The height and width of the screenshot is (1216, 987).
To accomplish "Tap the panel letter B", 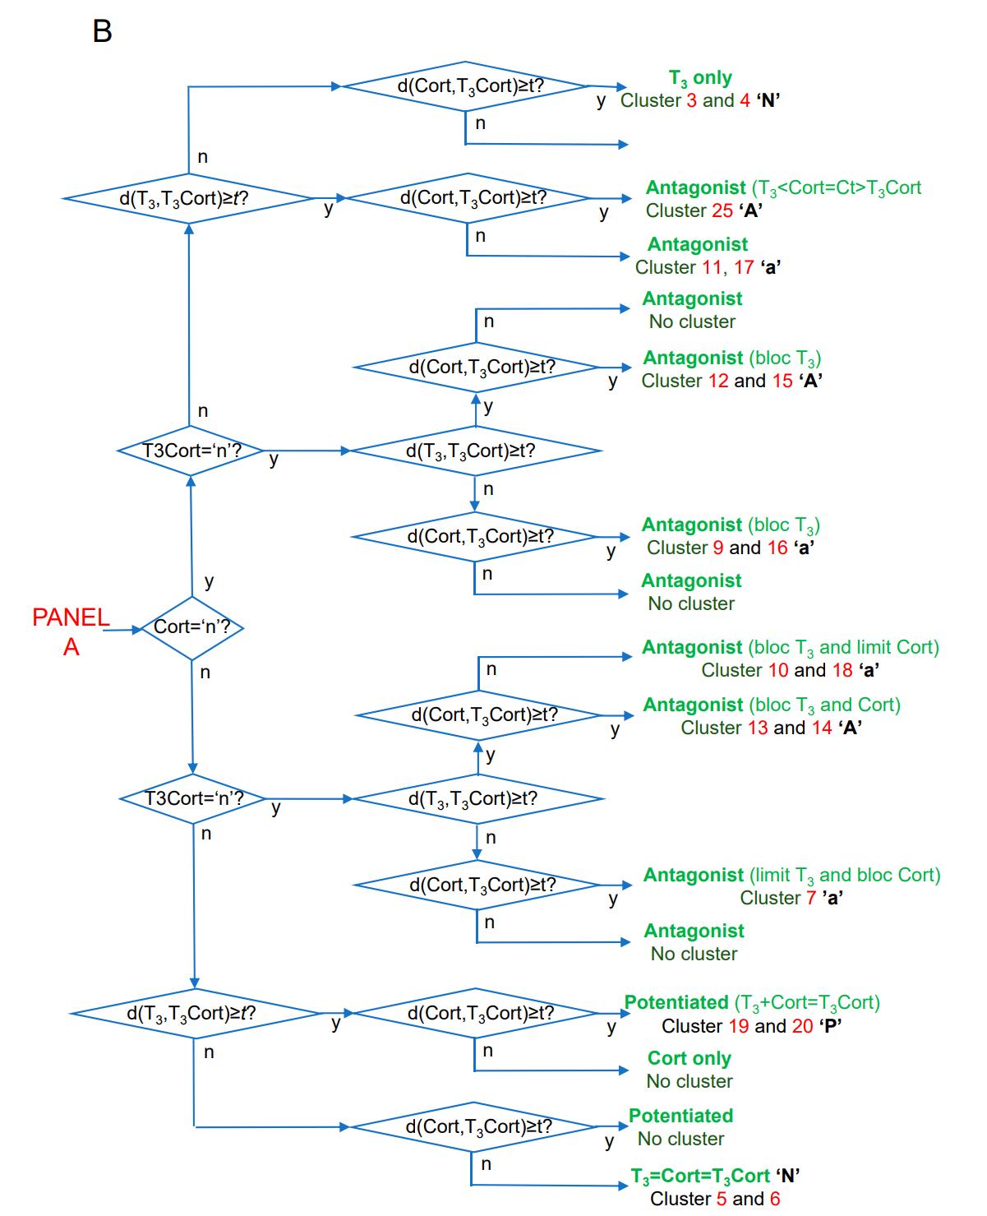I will tap(102, 31).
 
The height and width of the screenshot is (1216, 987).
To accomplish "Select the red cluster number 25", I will tap(722, 210).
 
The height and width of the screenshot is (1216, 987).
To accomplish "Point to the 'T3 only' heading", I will tap(700, 78).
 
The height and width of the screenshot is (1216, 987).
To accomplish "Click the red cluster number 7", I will tap(811, 898).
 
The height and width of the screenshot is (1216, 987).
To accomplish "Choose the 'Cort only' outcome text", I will tap(689, 1058).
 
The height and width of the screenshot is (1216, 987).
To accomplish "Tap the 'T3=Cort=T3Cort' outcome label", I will tap(700, 1176).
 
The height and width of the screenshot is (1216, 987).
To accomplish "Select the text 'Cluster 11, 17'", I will tap(694, 267).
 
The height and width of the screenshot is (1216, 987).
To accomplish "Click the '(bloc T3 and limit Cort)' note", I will tap(843, 648).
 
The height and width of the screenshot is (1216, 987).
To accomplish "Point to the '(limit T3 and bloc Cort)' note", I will tap(845, 876).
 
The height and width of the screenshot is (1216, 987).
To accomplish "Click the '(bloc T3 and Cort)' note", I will tap(824, 705).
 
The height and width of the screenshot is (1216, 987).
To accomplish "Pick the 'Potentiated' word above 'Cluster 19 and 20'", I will tap(676, 1002).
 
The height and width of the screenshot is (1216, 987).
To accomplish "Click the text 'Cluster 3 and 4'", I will tap(685, 100).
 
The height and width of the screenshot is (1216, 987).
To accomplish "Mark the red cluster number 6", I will tap(774, 1199).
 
